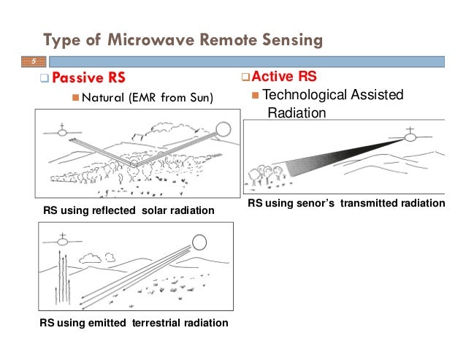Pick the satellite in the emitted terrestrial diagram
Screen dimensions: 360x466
pos(63,240)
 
